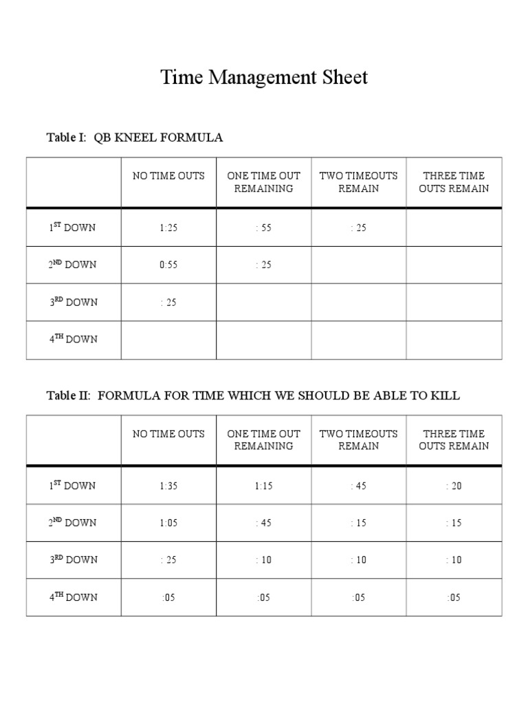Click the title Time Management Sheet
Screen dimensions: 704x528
coord(264,77)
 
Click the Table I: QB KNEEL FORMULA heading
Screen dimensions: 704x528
coord(135,137)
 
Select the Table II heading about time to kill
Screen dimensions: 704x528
coord(253,395)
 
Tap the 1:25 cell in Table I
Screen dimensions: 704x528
coord(168,228)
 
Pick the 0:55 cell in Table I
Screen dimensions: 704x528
coord(168,265)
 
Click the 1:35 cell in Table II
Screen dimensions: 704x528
coord(168,486)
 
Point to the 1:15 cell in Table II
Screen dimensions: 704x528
coord(264,486)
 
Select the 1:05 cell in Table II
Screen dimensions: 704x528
coord(168,523)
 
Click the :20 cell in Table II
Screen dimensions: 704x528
coord(454,486)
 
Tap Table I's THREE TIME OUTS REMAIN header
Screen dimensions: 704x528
coord(454,182)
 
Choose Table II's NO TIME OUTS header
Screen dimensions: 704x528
coord(168,434)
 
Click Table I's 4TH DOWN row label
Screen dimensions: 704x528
coord(73,339)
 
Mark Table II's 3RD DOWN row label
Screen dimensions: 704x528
coord(73,560)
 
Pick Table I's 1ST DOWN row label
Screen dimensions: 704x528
coord(73,228)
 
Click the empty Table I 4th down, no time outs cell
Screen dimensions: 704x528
coord(168,339)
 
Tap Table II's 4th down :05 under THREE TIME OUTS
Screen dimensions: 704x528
coord(454,597)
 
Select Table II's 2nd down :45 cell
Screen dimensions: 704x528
coord(264,523)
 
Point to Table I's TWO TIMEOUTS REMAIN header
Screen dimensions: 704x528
coord(359,182)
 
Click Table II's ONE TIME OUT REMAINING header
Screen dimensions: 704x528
coord(264,440)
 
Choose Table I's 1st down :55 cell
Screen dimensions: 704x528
coord(264,228)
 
